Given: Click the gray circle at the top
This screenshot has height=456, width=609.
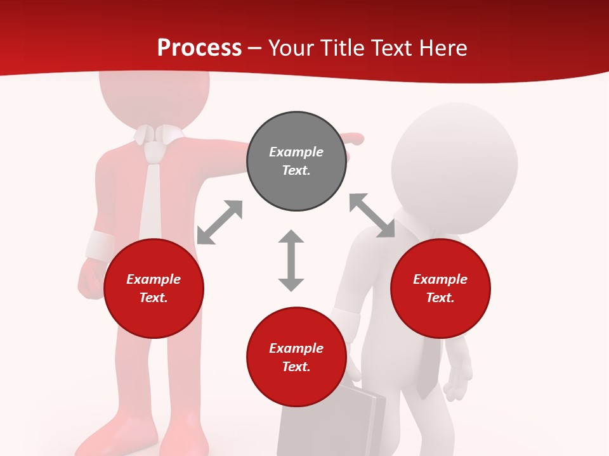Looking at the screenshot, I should pos(296,161).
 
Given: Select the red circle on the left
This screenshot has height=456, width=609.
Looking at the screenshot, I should pos(154,289).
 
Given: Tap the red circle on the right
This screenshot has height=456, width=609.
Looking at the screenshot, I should pos(440,289).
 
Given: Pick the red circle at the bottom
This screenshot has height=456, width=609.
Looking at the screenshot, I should pos(296,358).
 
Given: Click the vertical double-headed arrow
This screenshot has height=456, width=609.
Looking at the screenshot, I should pos(291,260).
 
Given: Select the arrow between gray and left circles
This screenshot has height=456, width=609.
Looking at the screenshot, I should pos(219,222).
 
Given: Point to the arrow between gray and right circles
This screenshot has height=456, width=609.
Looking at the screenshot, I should pos(372,215).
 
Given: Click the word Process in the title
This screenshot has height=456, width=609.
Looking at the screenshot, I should pos(199,47).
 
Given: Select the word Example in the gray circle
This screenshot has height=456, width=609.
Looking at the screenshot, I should pos(296,152).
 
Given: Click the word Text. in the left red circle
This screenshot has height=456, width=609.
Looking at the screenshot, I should pos(154,298).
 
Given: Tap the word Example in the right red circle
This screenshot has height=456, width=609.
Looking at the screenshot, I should pos(440,279).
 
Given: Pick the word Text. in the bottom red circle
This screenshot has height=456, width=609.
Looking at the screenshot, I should pos(296,367).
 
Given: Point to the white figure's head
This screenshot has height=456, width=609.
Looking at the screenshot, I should pos(454,165).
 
